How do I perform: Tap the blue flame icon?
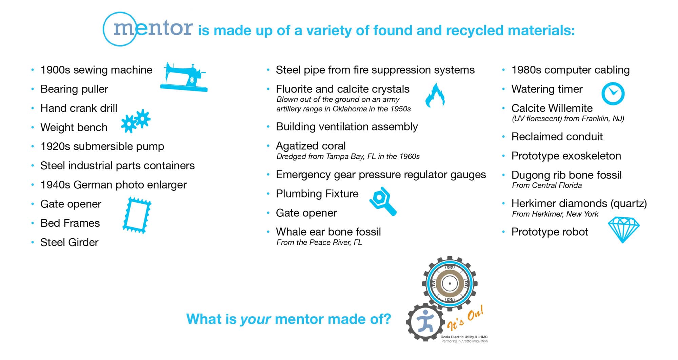pyautogui.click(x=435, y=96)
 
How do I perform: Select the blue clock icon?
pyautogui.click(x=613, y=94)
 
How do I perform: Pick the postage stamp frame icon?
pyautogui.click(x=137, y=215)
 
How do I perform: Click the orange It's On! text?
pyautogui.click(x=465, y=318)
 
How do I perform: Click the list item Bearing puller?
pyautogui.click(x=74, y=89)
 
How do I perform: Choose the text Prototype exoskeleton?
pyautogui.click(x=566, y=156)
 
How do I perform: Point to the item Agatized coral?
pyautogui.click(x=311, y=146)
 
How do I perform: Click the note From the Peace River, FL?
pyautogui.click(x=319, y=242)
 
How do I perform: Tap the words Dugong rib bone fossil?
pyautogui.click(x=566, y=175)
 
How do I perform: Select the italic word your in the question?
pyautogui.click(x=255, y=319)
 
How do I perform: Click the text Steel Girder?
pyautogui.click(x=69, y=242)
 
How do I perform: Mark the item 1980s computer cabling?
pyautogui.click(x=571, y=70)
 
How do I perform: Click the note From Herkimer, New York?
pyautogui.click(x=555, y=214)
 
